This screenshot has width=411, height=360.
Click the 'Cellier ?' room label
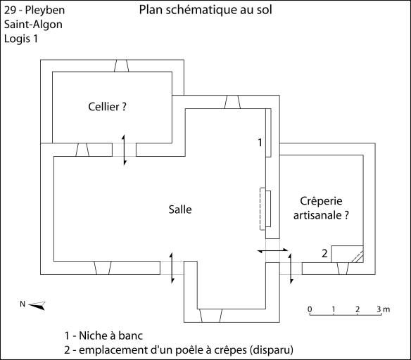tap(107, 107)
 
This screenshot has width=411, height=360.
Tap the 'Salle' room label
tap(180, 210)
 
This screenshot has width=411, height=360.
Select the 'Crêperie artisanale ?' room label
tap(321, 208)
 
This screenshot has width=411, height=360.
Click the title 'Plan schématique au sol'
tap(205, 10)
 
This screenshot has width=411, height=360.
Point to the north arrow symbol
tap(37, 306)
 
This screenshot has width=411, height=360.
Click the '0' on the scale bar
tap(310, 309)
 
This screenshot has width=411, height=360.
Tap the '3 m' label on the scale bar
tap(384, 309)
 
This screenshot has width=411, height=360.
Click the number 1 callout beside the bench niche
tap(260, 143)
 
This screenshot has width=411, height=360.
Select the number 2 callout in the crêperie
tap(324, 253)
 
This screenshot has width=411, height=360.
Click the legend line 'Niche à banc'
tap(103, 335)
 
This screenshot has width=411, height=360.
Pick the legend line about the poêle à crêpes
tap(179, 350)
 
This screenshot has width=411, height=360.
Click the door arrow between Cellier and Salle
tap(125, 150)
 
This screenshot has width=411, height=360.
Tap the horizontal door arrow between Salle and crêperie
tap(272, 251)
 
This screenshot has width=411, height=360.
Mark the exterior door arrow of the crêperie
tap(291, 269)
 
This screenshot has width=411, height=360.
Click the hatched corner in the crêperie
tap(358, 257)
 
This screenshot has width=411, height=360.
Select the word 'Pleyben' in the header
tap(45, 11)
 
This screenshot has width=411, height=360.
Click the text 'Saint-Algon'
tap(33, 25)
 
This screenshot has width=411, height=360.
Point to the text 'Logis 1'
tap(21, 39)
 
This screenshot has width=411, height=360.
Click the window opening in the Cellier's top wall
tap(121, 65)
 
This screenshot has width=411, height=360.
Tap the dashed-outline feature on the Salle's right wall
tap(263, 209)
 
